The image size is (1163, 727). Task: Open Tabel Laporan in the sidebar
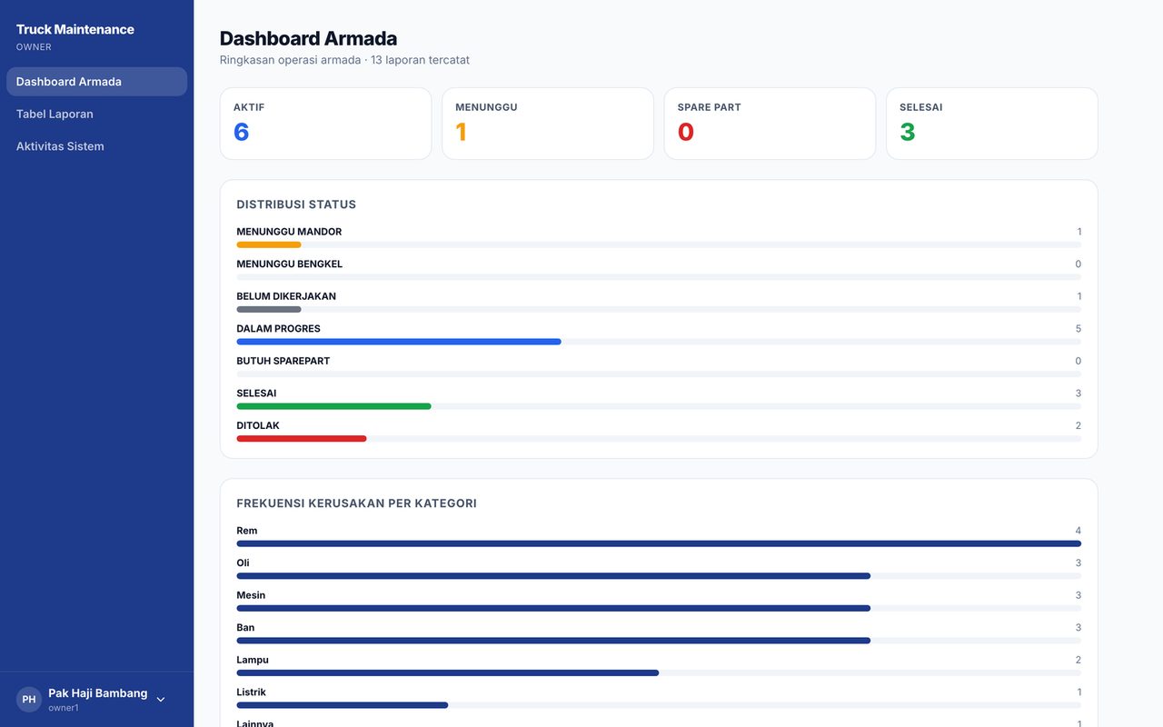(55, 114)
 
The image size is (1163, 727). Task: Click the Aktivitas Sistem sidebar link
(60, 146)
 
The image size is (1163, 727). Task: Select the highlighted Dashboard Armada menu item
(96, 82)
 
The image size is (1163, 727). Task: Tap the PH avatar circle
(28, 700)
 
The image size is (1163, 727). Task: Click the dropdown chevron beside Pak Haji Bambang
(161, 700)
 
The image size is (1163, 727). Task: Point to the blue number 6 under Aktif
(242, 132)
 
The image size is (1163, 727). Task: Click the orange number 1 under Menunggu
(461, 132)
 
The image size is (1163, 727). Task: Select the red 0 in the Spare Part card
(686, 132)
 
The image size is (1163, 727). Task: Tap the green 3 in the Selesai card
(908, 132)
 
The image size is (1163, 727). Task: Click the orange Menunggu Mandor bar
(269, 244)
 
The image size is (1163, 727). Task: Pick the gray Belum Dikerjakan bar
(269, 310)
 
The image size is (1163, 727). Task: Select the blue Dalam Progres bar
(399, 342)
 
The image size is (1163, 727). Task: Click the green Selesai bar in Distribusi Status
(333, 406)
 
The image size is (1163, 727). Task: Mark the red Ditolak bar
(302, 439)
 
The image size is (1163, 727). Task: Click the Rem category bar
(659, 543)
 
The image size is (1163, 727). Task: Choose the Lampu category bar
(448, 673)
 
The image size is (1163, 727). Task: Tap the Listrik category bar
(343, 705)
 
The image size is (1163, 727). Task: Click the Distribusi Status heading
(296, 204)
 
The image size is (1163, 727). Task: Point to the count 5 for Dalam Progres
(1079, 329)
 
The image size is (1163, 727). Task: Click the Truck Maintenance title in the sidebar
(75, 29)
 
